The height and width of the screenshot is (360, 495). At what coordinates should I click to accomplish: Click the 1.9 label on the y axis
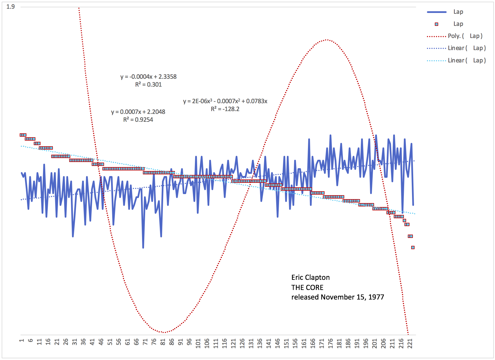[10, 6]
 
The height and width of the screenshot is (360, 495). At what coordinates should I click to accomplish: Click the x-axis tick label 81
[163, 342]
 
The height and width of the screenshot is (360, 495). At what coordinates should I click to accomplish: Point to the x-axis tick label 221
[410, 343]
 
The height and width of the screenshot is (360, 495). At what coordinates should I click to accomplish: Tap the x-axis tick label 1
[22, 341]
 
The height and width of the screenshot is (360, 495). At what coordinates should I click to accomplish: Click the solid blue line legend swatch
[436, 12]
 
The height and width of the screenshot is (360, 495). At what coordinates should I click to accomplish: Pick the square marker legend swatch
[436, 24]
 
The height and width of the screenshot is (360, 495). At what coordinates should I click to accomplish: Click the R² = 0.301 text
[148, 85]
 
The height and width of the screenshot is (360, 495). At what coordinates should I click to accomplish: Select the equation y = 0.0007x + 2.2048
[138, 112]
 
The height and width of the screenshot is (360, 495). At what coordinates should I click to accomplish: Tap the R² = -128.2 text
[225, 109]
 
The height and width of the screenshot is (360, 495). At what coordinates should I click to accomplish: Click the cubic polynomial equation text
[225, 101]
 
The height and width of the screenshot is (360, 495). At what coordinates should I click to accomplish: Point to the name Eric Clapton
[310, 278]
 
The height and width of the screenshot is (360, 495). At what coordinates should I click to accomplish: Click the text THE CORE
[307, 287]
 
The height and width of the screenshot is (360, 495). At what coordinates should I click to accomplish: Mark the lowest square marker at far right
[413, 247]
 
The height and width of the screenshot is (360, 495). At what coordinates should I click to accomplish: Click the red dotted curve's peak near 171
[326, 40]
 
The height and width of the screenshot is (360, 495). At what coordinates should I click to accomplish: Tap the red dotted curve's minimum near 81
[164, 332]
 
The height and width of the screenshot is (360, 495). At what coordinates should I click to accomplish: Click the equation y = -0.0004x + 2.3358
[148, 77]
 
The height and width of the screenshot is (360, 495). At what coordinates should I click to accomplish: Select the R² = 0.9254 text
[138, 120]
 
